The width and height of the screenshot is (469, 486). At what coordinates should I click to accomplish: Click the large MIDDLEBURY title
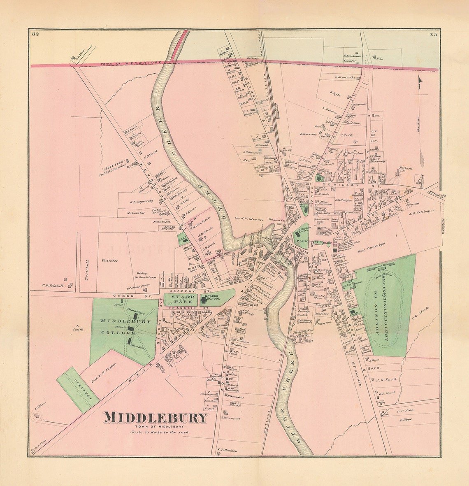pos(156,418)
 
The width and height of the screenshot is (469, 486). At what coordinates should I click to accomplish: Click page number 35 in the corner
pos(432,35)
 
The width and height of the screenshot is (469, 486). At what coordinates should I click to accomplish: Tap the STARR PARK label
pos(180,299)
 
